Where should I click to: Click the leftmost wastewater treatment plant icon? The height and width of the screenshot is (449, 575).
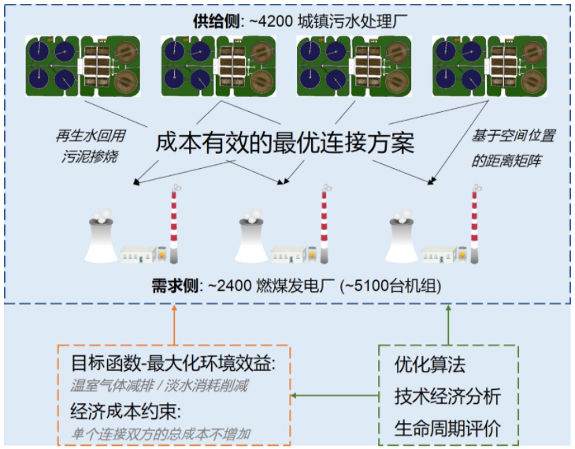pos(82,66)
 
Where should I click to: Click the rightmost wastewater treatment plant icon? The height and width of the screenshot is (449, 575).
pos(489,66)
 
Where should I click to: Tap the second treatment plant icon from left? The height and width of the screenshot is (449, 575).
pos(217,66)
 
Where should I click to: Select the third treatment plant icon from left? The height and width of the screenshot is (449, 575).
pos(354,66)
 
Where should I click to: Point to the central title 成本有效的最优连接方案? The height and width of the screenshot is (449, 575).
pos(287,142)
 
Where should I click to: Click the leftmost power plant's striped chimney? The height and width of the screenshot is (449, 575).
pos(173,224)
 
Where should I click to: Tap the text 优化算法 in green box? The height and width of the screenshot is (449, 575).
pos(430,365)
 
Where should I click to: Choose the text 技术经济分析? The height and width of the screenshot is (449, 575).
pos(447,397)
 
